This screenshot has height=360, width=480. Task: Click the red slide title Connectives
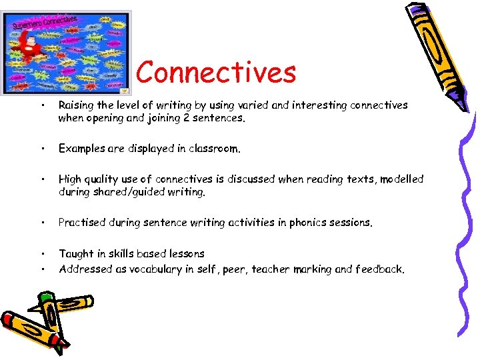pyautogui.click(x=216, y=72)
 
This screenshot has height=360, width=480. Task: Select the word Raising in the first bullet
pyautogui.click(x=76, y=105)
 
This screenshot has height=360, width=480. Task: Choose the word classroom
pyautogui.click(x=212, y=149)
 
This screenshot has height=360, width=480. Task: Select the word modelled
pyautogui.click(x=402, y=179)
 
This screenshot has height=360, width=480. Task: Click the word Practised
pyautogui.click(x=83, y=223)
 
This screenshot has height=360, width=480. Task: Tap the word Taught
pyautogui.click(x=75, y=253)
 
